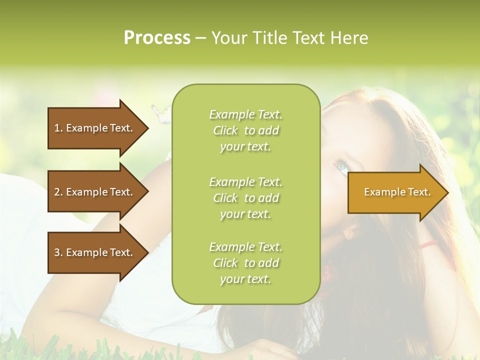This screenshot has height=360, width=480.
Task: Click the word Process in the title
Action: point(157,38)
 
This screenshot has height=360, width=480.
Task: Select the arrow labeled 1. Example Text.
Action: point(95,128)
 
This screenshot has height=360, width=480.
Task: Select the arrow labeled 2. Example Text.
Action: point(95,192)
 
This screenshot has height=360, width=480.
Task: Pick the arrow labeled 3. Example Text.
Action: point(95,252)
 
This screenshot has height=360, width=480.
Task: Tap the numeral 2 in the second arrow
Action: point(56,192)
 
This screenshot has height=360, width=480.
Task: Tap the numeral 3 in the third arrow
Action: point(56,252)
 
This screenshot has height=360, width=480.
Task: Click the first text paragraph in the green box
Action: point(245,130)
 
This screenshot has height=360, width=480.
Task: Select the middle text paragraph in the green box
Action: point(245,198)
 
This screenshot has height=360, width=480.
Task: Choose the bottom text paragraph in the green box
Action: point(245,263)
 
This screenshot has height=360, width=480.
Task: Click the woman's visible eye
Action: point(341,166)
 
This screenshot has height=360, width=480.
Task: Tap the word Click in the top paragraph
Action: point(225,130)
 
